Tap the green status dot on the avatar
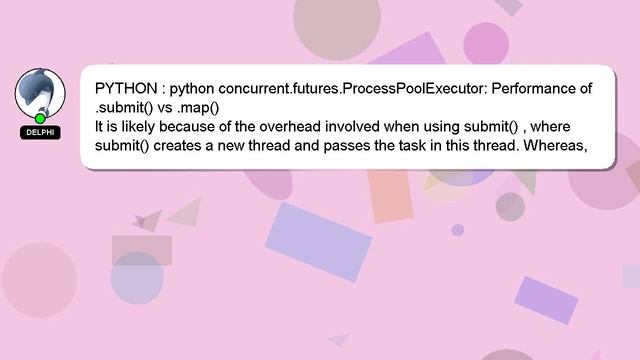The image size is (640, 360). point(40,119)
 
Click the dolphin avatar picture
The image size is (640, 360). point(40,92)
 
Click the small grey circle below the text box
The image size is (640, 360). point(510,206)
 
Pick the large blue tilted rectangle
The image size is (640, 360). point(318,241)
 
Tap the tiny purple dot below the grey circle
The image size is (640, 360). point(458,230)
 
